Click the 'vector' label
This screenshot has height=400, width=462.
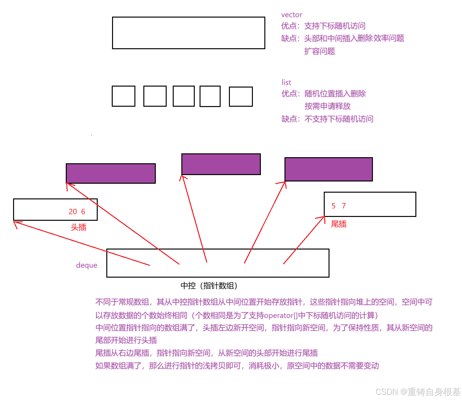(291, 15)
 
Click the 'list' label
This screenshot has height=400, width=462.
(286, 82)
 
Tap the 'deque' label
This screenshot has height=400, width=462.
(87, 265)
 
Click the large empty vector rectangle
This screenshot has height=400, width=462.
(188, 33)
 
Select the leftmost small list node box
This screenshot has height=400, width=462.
(123, 96)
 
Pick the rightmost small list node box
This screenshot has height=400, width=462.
(241, 96)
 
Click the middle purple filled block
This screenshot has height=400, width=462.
(221, 164)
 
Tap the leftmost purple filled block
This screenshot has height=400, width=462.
(110, 173)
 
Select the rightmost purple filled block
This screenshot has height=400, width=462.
(329, 169)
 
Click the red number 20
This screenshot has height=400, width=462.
(73, 212)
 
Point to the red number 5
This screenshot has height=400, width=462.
(333, 206)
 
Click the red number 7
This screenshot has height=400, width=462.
(344, 206)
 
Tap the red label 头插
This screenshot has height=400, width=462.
(79, 227)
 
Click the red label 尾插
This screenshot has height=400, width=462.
(338, 224)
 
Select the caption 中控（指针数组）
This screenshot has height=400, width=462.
(209, 286)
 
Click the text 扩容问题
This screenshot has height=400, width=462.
(319, 51)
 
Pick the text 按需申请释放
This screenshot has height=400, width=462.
(327, 106)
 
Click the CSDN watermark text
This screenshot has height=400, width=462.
(418, 392)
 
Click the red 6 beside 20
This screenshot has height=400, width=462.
(83, 212)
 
